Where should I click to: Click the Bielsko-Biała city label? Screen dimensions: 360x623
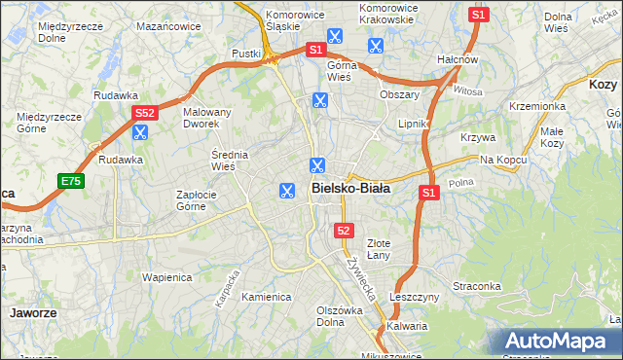click(350, 189)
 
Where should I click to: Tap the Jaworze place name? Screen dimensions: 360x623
click(31, 314)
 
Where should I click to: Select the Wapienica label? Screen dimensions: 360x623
click(168, 277)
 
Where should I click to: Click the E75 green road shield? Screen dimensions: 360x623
click(70, 181)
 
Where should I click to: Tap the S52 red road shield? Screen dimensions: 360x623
click(144, 114)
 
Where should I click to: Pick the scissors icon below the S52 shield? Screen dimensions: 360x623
click(140, 132)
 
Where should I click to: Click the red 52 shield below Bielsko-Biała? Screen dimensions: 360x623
click(343, 231)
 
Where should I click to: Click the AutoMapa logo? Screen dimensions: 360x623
click(558, 341)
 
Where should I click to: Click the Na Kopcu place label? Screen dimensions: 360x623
click(502, 159)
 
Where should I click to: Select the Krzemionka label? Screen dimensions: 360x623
click(536, 106)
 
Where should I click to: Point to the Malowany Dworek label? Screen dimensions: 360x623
click(207, 118)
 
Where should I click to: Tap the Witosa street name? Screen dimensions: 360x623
click(467, 90)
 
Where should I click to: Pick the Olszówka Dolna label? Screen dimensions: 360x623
click(340, 317)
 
